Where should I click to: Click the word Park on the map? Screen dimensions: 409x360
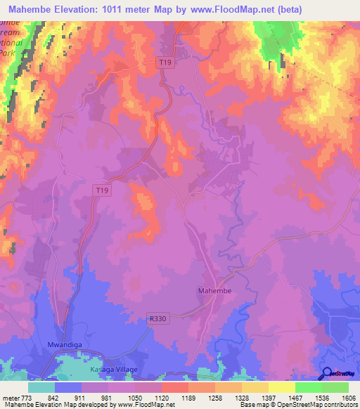pos(8,52)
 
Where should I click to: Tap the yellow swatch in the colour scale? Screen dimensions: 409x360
pos(281,387)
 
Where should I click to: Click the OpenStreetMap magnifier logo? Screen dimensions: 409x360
pos(326,375)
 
